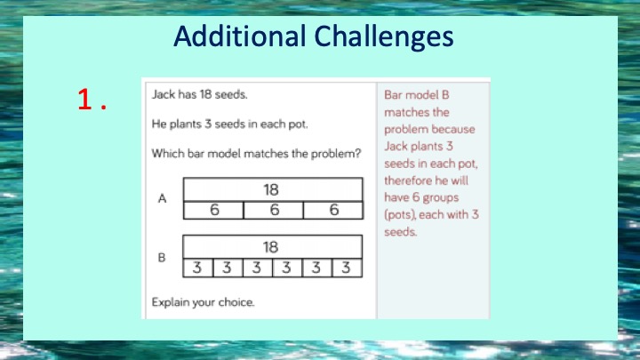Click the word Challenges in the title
pyautogui.click(x=384, y=37)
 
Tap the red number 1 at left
pyautogui.click(x=84, y=100)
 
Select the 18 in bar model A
pyautogui.click(x=271, y=190)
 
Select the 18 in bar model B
pyautogui.click(x=270, y=247)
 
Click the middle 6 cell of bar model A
pyautogui.click(x=274, y=210)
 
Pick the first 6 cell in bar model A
pyautogui.click(x=213, y=210)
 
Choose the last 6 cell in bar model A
pyautogui.click(x=333, y=210)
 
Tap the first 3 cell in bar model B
pyautogui.click(x=198, y=268)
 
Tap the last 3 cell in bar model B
pyautogui.click(x=347, y=268)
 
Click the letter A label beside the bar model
pyautogui.click(x=162, y=198)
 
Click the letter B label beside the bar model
pyautogui.click(x=162, y=258)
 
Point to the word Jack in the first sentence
pyautogui.click(x=164, y=95)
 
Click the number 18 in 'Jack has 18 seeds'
pyautogui.click(x=205, y=95)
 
